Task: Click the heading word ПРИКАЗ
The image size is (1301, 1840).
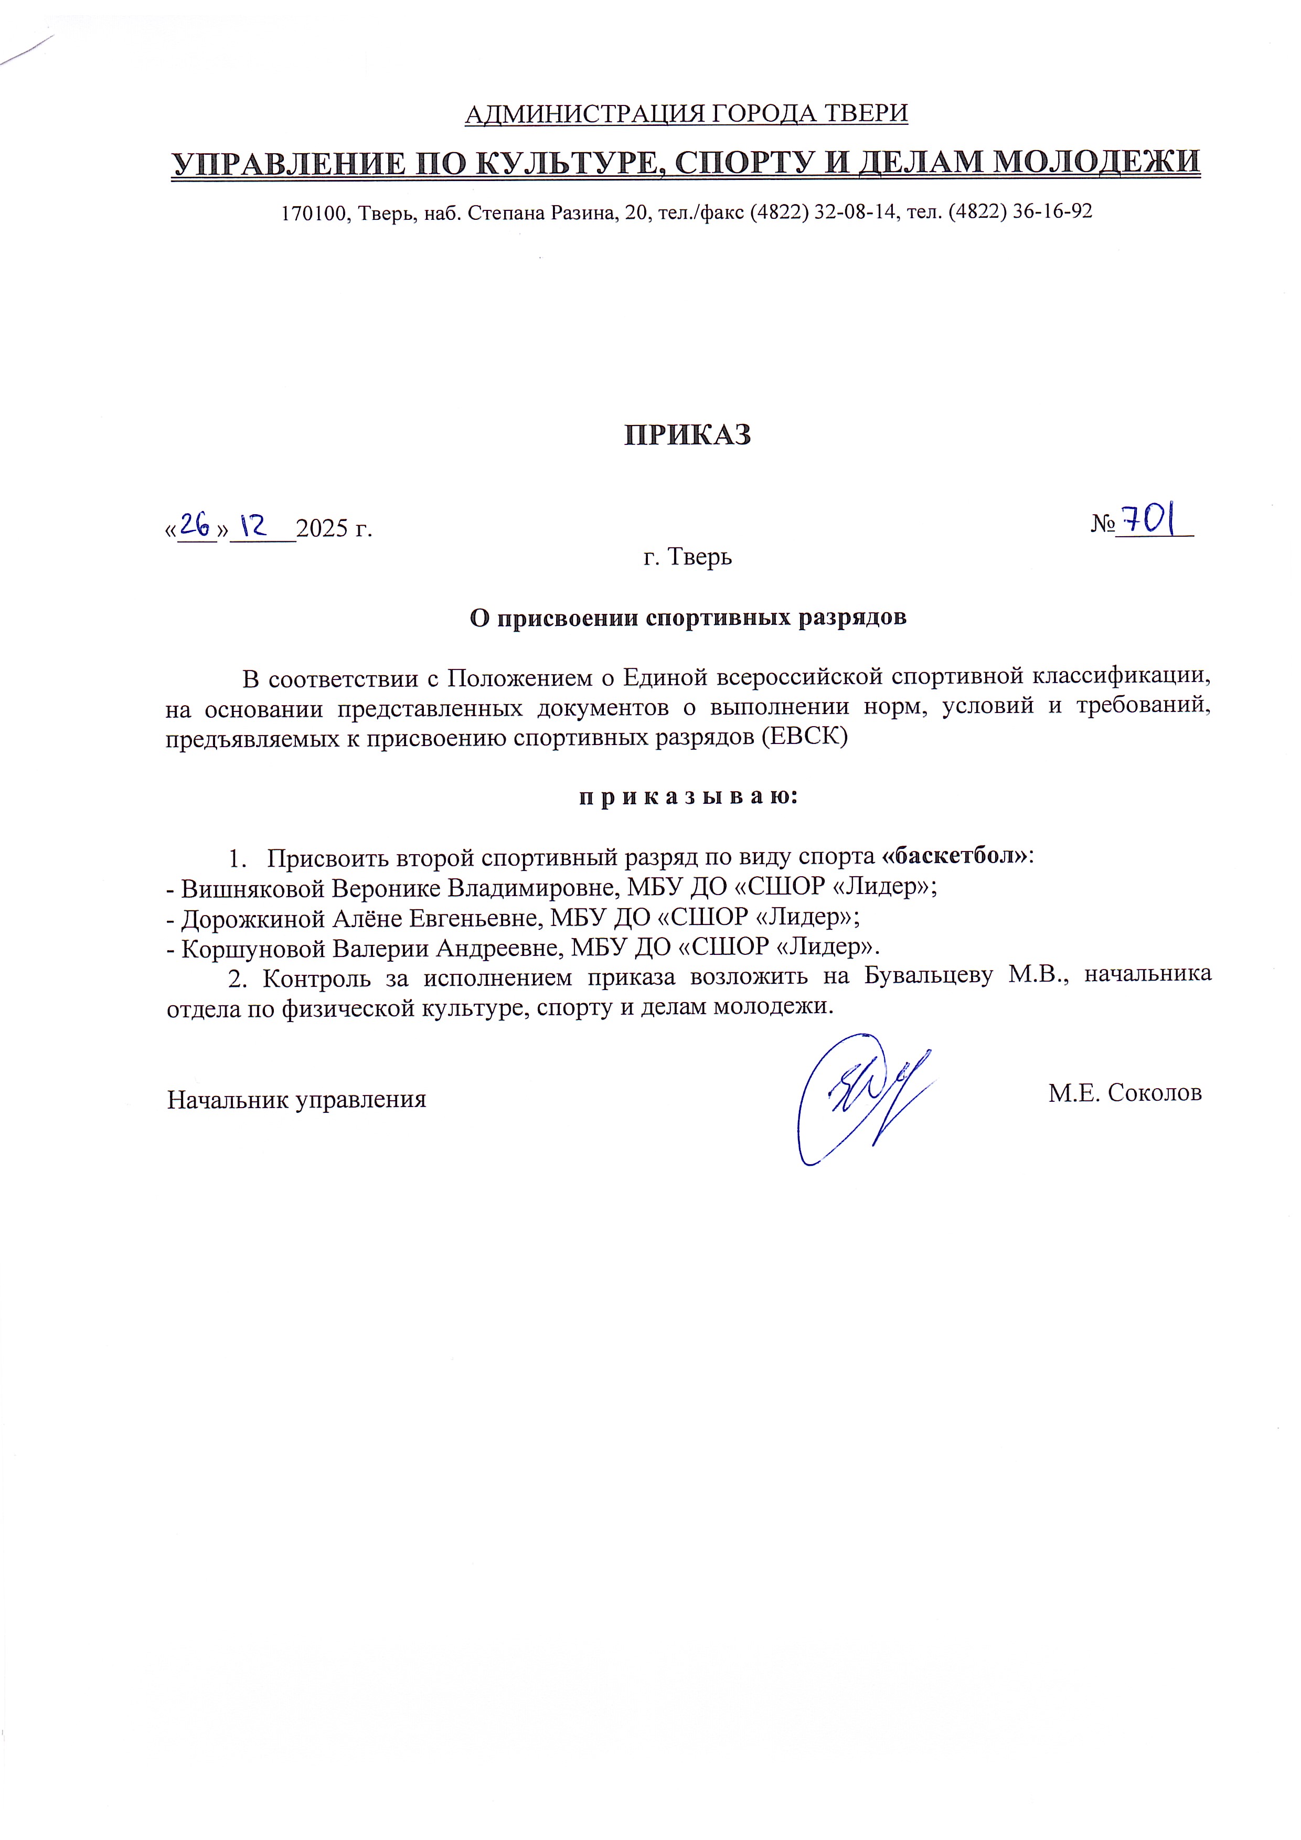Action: click(687, 434)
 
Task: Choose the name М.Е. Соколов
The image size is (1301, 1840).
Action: click(1125, 1092)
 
